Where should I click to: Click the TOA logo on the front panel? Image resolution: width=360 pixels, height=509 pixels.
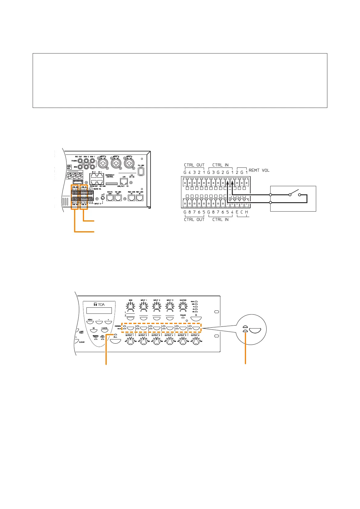click(99, 304)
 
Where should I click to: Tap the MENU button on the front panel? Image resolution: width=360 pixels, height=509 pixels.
click(90, 323)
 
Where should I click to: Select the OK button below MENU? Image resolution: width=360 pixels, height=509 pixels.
click(94, 331)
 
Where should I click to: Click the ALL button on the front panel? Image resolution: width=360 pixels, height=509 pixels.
click(115, 341)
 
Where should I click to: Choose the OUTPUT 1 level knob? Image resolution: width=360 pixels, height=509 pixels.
click(130, 342)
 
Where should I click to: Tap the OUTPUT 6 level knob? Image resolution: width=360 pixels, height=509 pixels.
click(196, 342)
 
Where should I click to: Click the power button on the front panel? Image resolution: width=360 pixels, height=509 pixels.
click(196, 318)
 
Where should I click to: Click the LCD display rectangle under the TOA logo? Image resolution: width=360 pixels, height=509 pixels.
click(99, 310)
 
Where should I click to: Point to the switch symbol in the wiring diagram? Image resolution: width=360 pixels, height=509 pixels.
click(295, 194)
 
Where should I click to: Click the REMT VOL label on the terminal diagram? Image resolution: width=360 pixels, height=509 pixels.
click(259, 170)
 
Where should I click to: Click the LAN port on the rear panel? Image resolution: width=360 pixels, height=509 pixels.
click(124, 181)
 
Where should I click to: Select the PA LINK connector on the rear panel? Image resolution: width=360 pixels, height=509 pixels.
click(140, 172)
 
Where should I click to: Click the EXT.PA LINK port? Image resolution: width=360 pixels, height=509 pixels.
click(110, 198)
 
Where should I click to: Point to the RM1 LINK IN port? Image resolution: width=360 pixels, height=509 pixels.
click(139, 198)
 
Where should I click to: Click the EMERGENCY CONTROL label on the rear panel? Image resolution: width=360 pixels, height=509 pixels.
click(110, 176)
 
